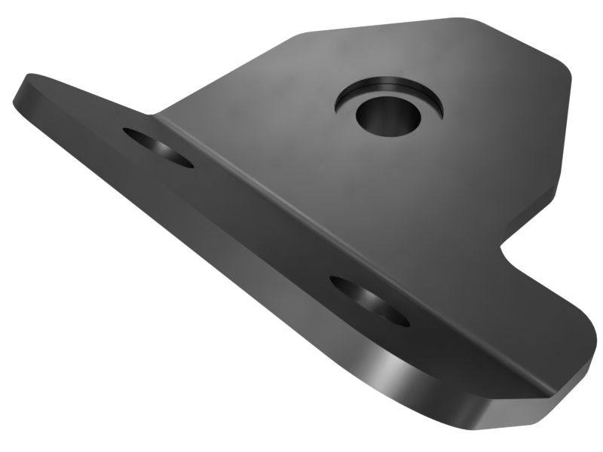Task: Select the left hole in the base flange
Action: [x=158, y=146]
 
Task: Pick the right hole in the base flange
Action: [x=369, y=300]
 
